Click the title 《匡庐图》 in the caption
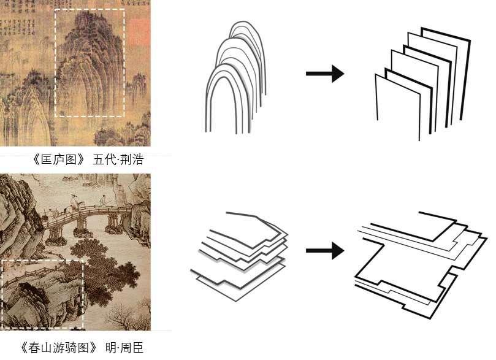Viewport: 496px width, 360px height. (x=58, y=161)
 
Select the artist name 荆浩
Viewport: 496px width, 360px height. (x=131, y=161)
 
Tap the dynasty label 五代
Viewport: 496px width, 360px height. (x=102, y=161)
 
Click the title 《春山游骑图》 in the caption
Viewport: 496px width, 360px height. (x=58, y=348)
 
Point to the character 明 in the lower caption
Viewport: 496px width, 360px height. (x=110, y=348)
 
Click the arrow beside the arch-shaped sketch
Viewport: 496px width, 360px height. (x=324, y=75)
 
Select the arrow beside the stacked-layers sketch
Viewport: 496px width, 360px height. (x=324, y=250)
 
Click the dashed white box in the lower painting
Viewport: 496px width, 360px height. (x=42, y=260)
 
